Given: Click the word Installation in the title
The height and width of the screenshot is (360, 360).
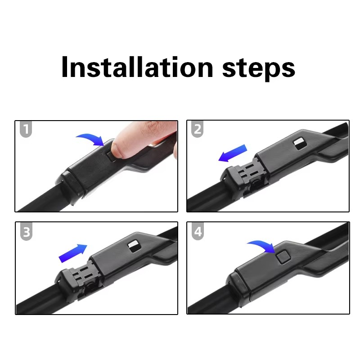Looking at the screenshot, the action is [137, 67].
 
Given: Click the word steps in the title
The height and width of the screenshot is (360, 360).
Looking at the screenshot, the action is [259, 69].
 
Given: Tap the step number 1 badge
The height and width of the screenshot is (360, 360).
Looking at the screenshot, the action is [26, 129].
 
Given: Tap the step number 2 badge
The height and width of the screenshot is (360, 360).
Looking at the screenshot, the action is [197, 129].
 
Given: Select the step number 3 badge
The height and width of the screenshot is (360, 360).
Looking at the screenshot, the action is [26, 231].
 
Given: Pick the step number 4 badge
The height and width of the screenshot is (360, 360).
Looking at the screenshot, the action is [198, 231].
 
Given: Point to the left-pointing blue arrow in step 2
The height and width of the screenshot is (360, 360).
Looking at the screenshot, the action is [232, 153].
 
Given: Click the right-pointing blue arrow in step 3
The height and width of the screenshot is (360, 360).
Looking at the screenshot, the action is [73, 253].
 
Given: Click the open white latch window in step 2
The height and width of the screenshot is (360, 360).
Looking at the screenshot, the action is [300, 144].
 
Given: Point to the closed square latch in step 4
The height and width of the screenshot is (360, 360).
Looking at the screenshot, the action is [283, 256].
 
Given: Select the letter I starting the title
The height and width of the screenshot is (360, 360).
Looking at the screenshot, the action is [65, 67].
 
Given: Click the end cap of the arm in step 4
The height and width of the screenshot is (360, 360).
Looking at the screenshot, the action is [239, 287].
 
